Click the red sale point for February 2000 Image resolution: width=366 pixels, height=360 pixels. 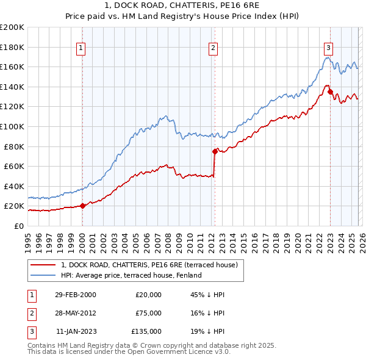point(83,206)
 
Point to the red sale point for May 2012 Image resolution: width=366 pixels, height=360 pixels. point(215,151)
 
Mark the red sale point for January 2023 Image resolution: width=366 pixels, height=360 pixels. point(330,92)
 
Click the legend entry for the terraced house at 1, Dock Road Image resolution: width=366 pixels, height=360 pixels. point(152,265)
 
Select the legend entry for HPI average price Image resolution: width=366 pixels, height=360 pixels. point(131,275)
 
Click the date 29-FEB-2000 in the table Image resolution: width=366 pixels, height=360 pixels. point(75,295)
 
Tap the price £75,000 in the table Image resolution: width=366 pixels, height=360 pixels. point(149,313)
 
